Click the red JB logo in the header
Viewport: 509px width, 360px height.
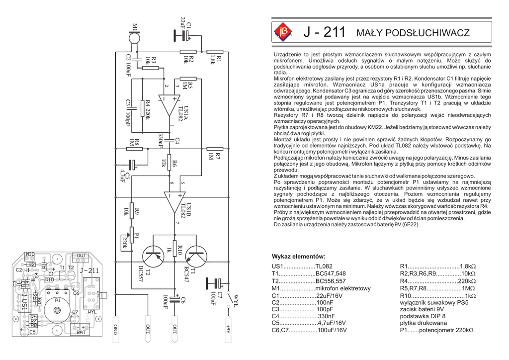(x=284, y=33)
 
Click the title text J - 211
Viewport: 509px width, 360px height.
(x=324, y=33)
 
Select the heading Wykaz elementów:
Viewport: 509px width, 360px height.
(x=298, y=257)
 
